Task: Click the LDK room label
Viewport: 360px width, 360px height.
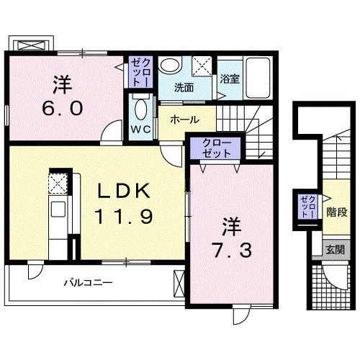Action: coord(124,192)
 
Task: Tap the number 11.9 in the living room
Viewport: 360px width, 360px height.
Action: coord(124,216)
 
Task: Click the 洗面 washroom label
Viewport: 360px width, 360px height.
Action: coord(184,88)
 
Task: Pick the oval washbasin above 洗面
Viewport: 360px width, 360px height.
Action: coord(170,66)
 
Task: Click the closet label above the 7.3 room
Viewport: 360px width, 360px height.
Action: coord(217,148)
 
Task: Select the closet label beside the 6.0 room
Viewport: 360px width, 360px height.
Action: coord(139,73)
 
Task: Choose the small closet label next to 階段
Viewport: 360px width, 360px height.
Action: coord(307,206)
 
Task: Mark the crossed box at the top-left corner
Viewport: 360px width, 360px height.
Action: coord(31,44)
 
